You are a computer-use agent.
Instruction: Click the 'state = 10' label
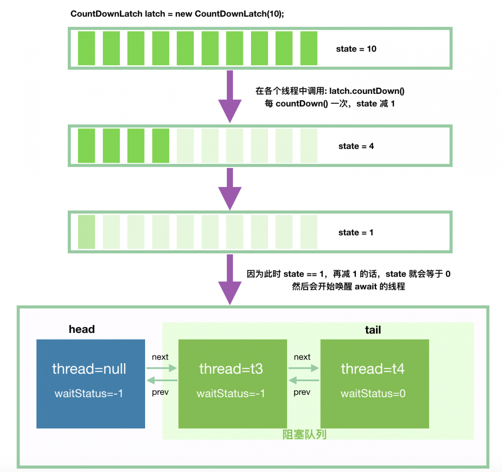click(356, 49)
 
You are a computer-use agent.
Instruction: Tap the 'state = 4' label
click(356, 146)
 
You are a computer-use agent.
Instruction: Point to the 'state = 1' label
click(356, 233)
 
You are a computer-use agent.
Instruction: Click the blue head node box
click(90, 384)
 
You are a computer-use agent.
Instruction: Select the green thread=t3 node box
click(232, 384)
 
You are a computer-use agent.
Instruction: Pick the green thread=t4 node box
click(374, 384)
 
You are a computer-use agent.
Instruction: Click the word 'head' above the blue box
click(82, 330)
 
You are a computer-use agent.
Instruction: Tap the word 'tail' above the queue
click(372, 330)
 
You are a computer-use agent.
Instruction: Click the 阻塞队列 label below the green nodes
click(304, 434)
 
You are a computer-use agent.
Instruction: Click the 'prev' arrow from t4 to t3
click(304, 381)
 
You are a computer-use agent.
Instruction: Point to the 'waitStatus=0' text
click(373, 394)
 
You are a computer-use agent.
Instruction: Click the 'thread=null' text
click(89, 369)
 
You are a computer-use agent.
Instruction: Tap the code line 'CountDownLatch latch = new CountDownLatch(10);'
click(177, 14)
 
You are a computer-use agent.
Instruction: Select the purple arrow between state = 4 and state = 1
click(230, 189)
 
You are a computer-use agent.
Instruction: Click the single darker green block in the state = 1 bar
click(86, 232)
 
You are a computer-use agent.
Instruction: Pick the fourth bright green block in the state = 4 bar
click(161, 146)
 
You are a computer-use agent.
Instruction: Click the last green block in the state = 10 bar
click(309, 48)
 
